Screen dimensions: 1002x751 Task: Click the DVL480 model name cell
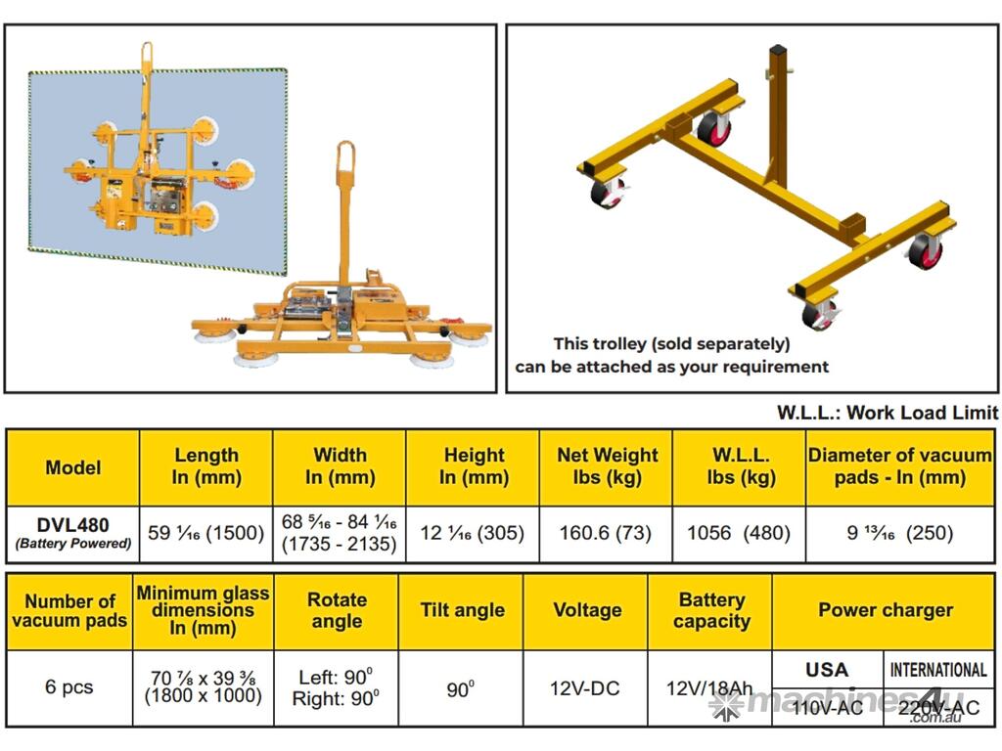[72, 533]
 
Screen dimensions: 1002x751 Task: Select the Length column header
[206, 466]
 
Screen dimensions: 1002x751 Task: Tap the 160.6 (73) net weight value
[605, 533]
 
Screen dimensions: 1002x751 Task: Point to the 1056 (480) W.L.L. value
[739, 533]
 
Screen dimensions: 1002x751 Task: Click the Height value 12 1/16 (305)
[473, 533]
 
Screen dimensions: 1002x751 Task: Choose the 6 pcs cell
[69, 687]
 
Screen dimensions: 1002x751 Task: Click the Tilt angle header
[462, 610]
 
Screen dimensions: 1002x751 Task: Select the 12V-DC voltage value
[585, 688]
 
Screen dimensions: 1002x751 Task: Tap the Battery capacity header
[712, 610]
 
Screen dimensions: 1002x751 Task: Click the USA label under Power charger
[827, 669]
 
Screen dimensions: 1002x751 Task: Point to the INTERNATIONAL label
[938, 669]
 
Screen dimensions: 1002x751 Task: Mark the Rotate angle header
[337, 610]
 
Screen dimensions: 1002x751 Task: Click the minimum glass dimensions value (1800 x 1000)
[204, 695]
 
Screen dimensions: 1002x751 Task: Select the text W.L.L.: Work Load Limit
[887, 413]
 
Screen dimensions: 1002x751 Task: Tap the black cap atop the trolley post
[777, 50]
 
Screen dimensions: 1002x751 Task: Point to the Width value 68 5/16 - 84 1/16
[339, 522]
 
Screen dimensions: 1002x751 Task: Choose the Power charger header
[885, 610]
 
